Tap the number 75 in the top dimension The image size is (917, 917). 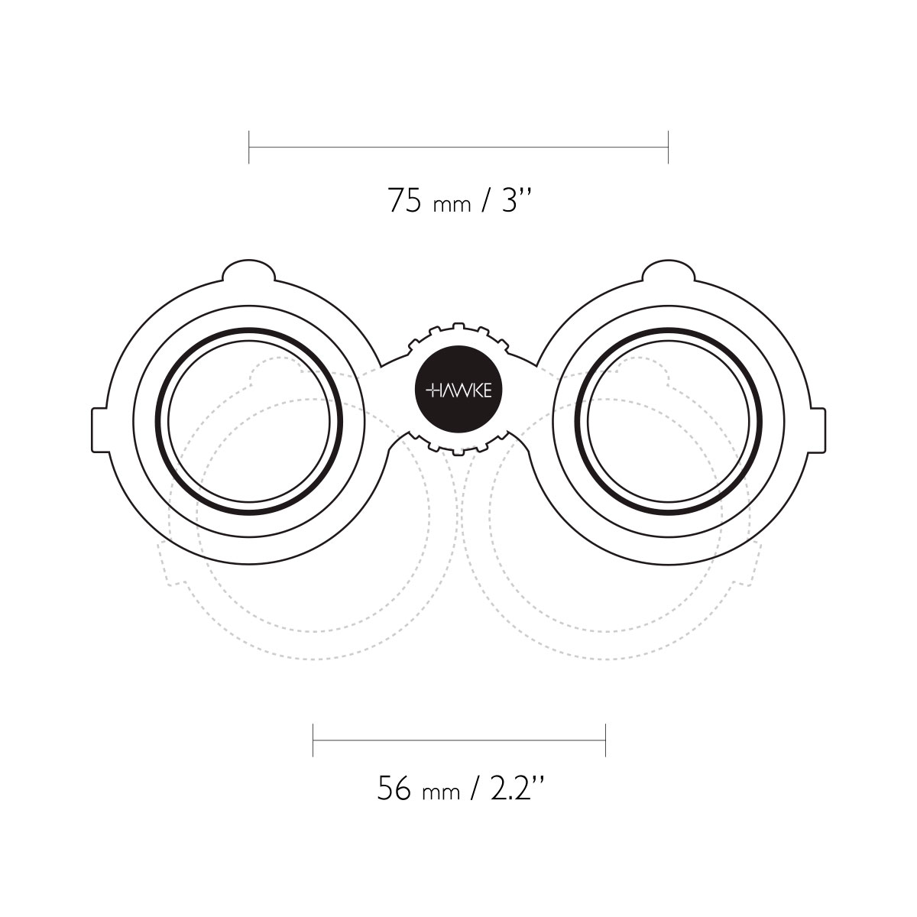[x=404, y=200]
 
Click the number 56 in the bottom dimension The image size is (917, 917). [x=394, y=788]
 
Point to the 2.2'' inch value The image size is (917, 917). [x=516, y=788]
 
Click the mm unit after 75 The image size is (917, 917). [x=452, y=206]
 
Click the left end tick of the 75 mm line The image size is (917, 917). [x=249, y=147]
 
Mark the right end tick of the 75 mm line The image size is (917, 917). [x=668, y=147]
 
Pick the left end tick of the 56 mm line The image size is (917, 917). [x=313, y=740]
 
